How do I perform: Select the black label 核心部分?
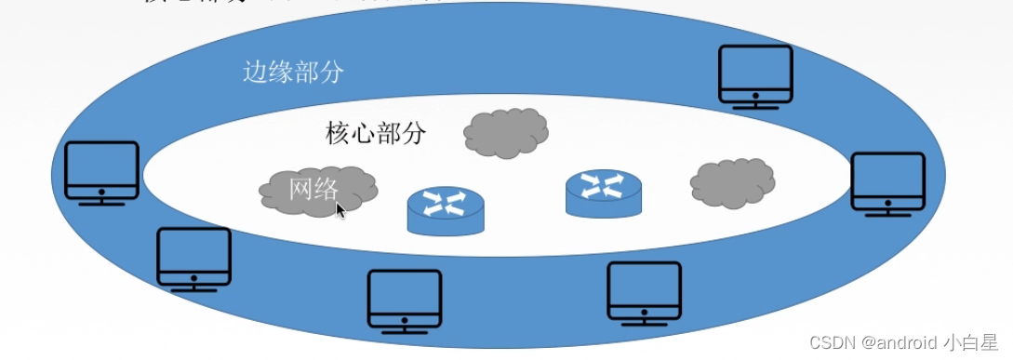pos(376,133)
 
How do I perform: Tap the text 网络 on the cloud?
pos(313,189)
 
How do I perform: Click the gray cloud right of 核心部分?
pos(505,133)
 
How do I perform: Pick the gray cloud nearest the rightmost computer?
pos(732,182)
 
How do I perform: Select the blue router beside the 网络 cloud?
pos(446,210)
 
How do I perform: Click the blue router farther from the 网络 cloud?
pos(603,193)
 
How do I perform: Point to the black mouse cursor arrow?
pos(340,210)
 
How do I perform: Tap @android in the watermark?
pos(900,342)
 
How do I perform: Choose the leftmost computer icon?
pos(101,172)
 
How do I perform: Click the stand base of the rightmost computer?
pos(888,214)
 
